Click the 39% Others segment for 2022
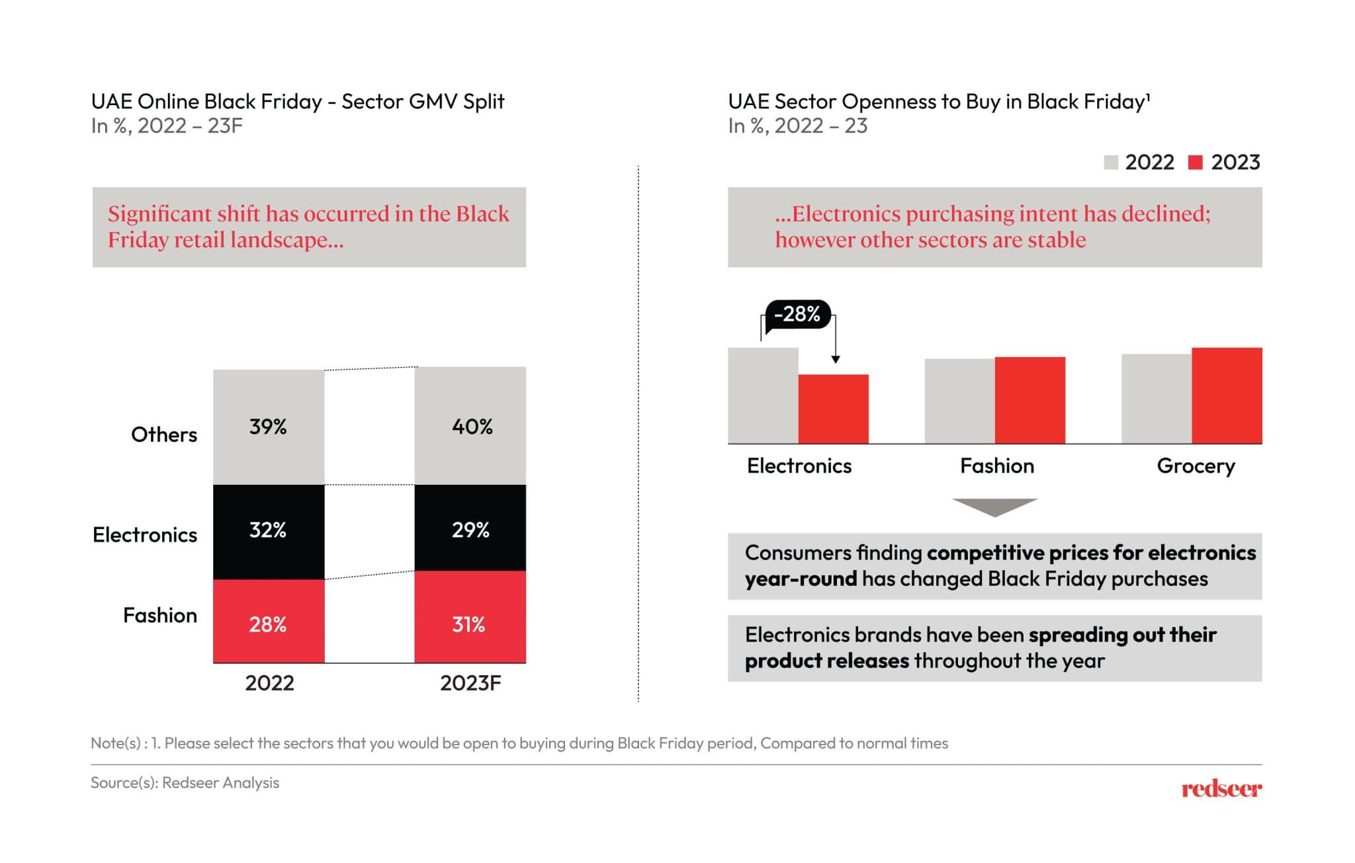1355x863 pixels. click(269, 427)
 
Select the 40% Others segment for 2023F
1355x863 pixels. click(470, 426)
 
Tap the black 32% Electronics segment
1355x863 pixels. click(269, 531)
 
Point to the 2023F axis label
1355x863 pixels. click(470, 683)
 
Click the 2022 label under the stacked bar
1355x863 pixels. click(269, 683)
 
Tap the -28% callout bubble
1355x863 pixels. click(797, 313)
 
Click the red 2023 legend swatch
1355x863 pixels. click(1195, 162)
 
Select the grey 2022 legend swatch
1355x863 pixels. click(1111, 162)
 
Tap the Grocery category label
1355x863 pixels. click(1196, 466)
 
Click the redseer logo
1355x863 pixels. click(1221, 788)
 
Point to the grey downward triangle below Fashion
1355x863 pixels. click(994, 506)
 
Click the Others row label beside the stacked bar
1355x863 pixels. click(164, 434)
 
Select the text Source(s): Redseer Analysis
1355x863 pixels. click(185, 783)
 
